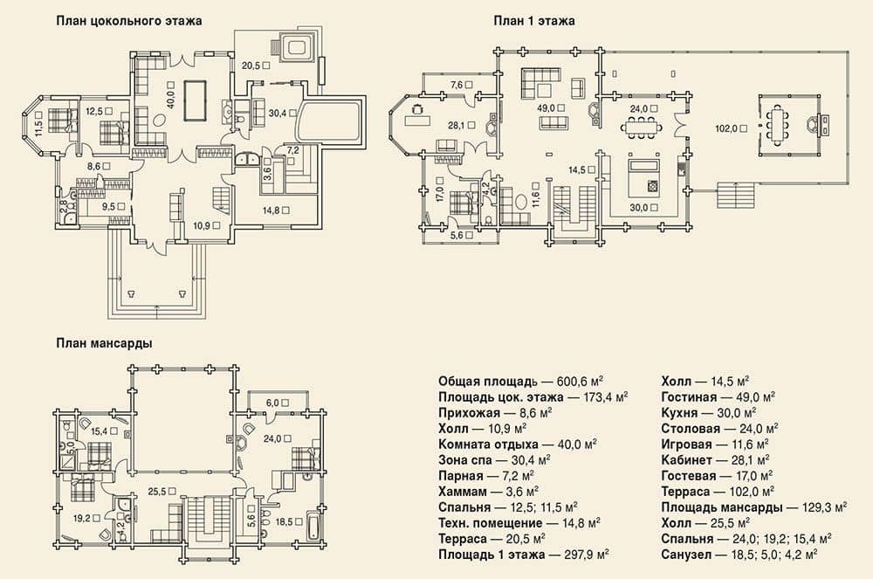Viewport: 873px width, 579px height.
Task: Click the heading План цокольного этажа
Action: [128, 21]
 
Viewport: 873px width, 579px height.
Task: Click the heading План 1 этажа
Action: [534, 21]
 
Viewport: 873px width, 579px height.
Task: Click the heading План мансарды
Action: [104, 343]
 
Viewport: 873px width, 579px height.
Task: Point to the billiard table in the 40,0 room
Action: [195, 100]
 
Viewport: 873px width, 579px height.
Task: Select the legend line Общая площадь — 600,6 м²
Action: [521, 382]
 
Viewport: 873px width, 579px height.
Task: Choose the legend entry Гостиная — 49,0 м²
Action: [718, 397]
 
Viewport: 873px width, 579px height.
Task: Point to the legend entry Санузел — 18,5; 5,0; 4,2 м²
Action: [739, 555]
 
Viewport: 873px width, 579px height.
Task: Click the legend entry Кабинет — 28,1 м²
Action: [716, 460]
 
